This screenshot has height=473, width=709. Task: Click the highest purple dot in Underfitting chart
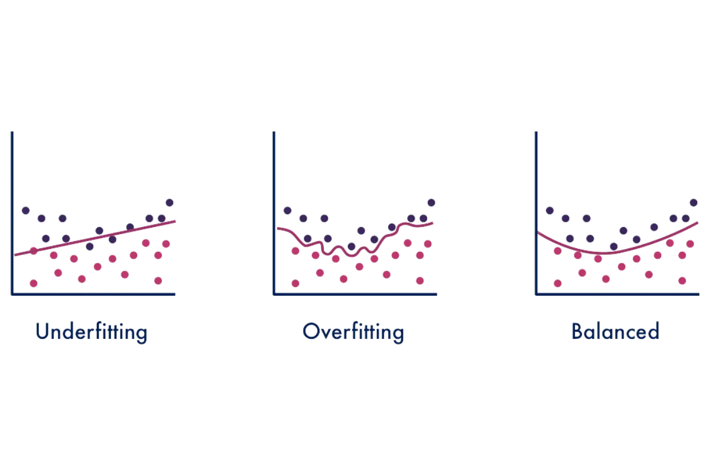170,202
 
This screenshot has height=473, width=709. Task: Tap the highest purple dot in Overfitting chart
431,202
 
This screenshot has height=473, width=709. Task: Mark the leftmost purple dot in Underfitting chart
25,210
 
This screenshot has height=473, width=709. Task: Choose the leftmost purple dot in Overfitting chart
288,210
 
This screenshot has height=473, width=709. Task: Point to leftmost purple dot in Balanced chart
549,210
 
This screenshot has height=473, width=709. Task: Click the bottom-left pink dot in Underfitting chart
33,283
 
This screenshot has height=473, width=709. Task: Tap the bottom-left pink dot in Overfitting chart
295,283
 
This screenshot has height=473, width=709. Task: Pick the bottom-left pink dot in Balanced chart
557,283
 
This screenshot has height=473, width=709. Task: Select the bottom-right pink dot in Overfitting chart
420,280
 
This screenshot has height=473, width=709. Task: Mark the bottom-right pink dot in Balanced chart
682,280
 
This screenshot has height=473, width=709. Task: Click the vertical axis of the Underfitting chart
11,213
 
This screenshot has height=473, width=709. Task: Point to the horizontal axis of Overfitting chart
354,292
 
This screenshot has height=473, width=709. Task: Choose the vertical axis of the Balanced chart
536,213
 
